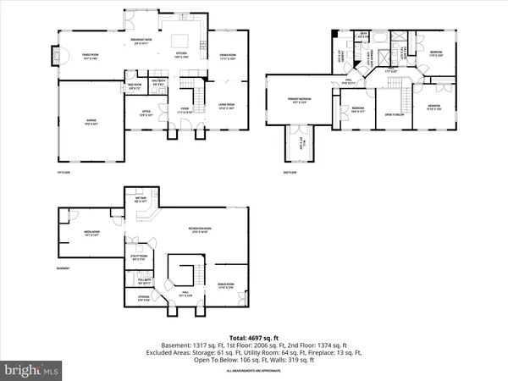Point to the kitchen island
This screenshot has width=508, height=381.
[181, 40]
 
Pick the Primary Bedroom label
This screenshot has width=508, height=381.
[298, 101]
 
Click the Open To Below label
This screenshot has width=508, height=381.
[394, 114]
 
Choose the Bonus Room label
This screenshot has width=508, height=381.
[224, 285]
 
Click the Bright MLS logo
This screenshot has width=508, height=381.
[32, 369]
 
